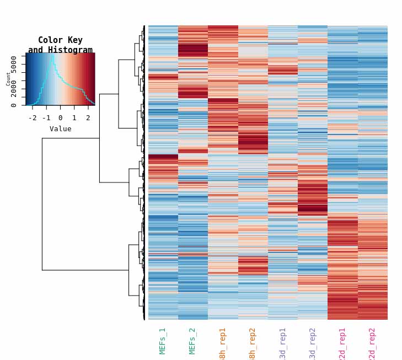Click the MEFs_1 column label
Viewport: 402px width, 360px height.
163,341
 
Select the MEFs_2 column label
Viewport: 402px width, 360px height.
192,341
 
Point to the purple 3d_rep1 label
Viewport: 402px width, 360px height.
282,344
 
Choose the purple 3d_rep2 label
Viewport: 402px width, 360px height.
312,344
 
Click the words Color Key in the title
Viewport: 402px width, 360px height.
60,40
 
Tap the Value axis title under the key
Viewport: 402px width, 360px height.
60,129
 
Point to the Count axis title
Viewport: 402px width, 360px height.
8,79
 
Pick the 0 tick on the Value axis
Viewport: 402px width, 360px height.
60,118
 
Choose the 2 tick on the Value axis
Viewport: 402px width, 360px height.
88,118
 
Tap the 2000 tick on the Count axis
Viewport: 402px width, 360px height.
14,88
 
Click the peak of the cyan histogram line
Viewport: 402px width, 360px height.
53,55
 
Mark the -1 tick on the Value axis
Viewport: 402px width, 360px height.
46,118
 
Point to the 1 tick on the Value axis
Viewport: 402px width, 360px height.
74,118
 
